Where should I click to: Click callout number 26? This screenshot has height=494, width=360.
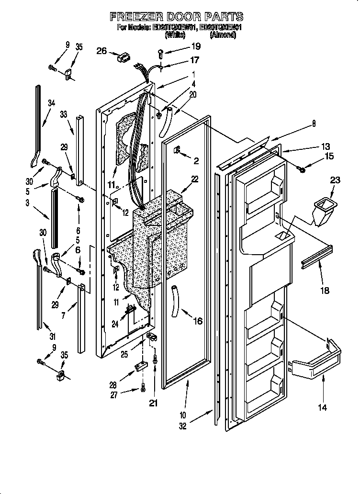101,51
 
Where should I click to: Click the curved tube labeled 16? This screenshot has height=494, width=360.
175,299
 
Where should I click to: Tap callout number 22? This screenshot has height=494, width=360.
194,180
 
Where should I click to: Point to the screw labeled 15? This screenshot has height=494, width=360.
301,167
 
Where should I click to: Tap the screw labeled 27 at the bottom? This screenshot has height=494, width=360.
143,388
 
